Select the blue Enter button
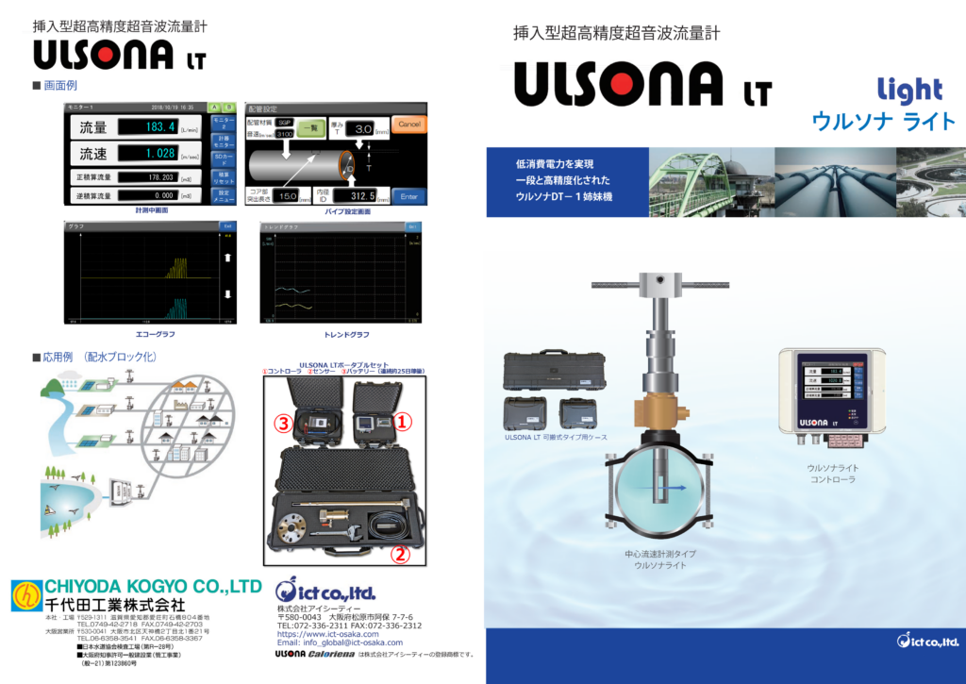(408, 196)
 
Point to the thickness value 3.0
(365, 128)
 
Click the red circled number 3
(281, 424)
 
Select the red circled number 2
(400, 555)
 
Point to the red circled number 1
(403, 422)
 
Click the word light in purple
(909, 91)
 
